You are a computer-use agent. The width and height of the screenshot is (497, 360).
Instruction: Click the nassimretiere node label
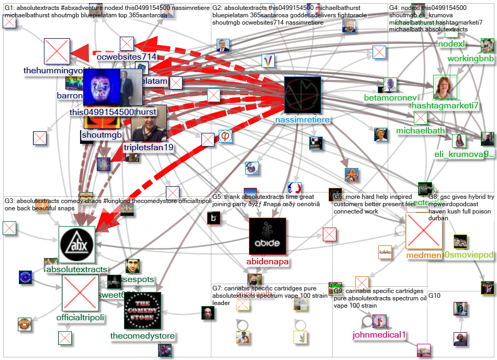coord(302,119)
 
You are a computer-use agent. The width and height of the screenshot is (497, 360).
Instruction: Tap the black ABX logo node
coord(76,244)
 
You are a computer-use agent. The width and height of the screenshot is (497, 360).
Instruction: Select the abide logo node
coord(267,237)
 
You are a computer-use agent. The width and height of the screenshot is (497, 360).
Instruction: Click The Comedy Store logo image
coord(142,310)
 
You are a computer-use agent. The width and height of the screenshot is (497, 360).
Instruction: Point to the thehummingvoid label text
coord(58,71)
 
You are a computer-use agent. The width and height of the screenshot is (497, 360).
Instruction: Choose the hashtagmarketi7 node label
coord(445,105)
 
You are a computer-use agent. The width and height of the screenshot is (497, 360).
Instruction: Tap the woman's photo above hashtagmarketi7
coord(445,87)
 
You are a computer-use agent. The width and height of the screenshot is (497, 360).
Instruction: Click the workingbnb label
coord(470,59)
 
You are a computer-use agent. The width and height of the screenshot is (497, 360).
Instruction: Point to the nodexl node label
coord(451,44)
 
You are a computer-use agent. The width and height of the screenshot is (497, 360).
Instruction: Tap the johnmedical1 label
coord(372,335)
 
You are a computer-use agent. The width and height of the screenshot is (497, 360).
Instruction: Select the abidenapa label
coord(267,262)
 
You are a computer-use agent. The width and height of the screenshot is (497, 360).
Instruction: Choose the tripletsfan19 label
coord(148,148)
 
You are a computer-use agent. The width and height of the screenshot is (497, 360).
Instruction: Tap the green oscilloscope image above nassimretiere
coord(302,94)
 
